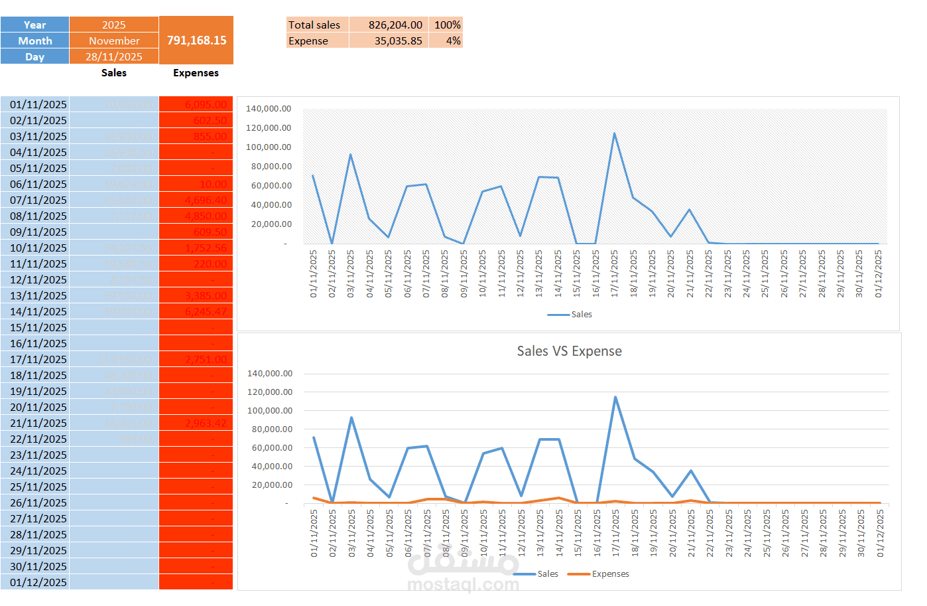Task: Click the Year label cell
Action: point(34,25)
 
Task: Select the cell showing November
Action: point(114,40)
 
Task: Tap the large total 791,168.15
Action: point(196,40)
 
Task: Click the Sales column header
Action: point(114,73)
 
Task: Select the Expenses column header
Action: point(196,73)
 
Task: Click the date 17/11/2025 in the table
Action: point(38,359)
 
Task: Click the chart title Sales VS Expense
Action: point(569,351)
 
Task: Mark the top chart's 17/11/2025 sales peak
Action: point(614,133)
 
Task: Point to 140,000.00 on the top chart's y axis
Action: point(269,108)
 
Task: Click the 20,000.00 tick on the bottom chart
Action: point(270,485)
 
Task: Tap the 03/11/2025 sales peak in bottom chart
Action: point(351,417)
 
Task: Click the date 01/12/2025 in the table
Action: point(38,582)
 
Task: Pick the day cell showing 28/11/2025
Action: point(114,56)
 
